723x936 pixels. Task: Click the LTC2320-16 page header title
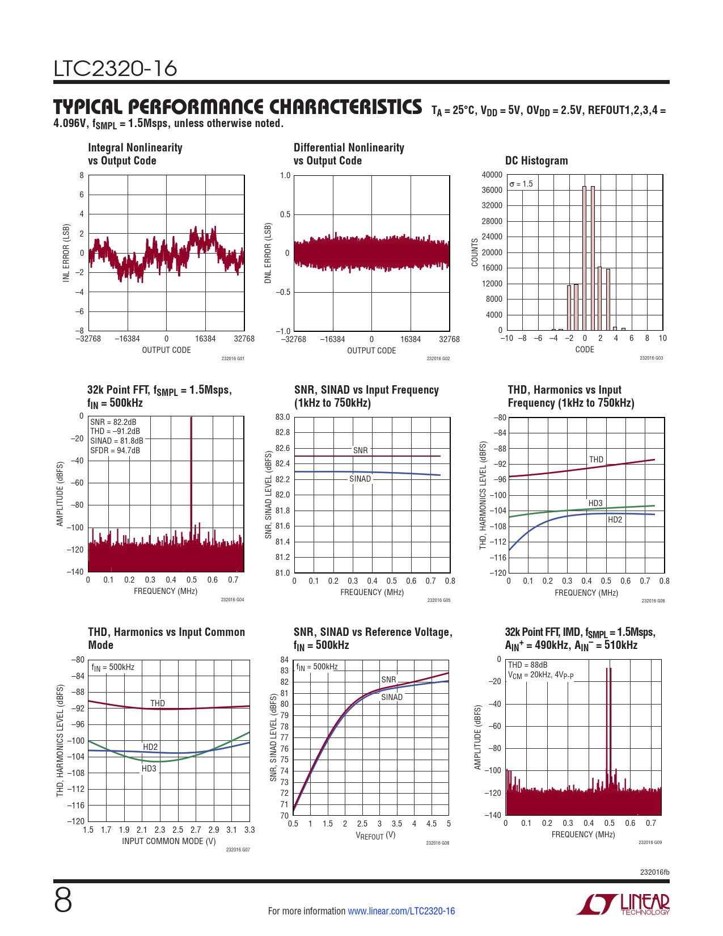point(116,69)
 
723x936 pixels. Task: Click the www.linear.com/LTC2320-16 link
point(401,911)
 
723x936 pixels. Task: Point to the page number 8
point(63,901)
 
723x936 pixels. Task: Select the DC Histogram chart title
point(536,161)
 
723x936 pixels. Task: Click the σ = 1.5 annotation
point(521,184)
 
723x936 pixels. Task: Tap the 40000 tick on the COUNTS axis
point(492,175)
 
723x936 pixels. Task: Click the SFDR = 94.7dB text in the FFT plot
point(115,450)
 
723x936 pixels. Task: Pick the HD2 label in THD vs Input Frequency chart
point(615,520)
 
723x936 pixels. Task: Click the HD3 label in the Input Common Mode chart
point(149,769)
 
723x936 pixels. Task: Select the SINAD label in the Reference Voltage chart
point(391,697)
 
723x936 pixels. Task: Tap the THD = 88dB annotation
point(527,665)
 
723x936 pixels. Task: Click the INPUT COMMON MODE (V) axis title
point(169,841)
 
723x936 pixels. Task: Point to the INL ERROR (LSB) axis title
point(66,253)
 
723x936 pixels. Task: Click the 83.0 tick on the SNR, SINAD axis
point(282,417)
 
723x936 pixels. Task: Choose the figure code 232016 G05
point(438,600)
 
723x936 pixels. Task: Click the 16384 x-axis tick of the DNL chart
point(411,339)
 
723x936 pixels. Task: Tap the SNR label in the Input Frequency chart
point(360,450)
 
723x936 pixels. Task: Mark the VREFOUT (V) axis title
point(375,836)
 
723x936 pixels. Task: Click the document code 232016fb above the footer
point(654,872)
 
